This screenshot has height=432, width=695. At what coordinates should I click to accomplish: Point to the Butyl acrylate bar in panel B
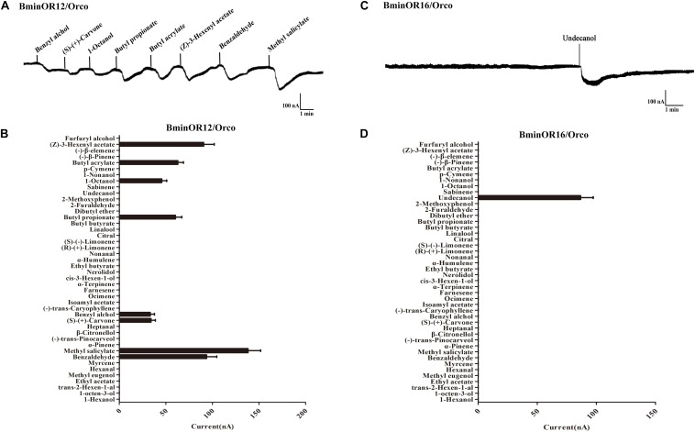pyautogui.click(x=149, y=162)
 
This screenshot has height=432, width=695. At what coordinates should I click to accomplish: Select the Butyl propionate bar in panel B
pyautogui.click(x=148, y=217)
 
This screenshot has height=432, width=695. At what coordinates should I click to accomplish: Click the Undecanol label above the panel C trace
pyautogui.click(x=579, y=39)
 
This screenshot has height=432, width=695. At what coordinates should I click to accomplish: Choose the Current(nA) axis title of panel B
pyautogui.click(x=212, y=424)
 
